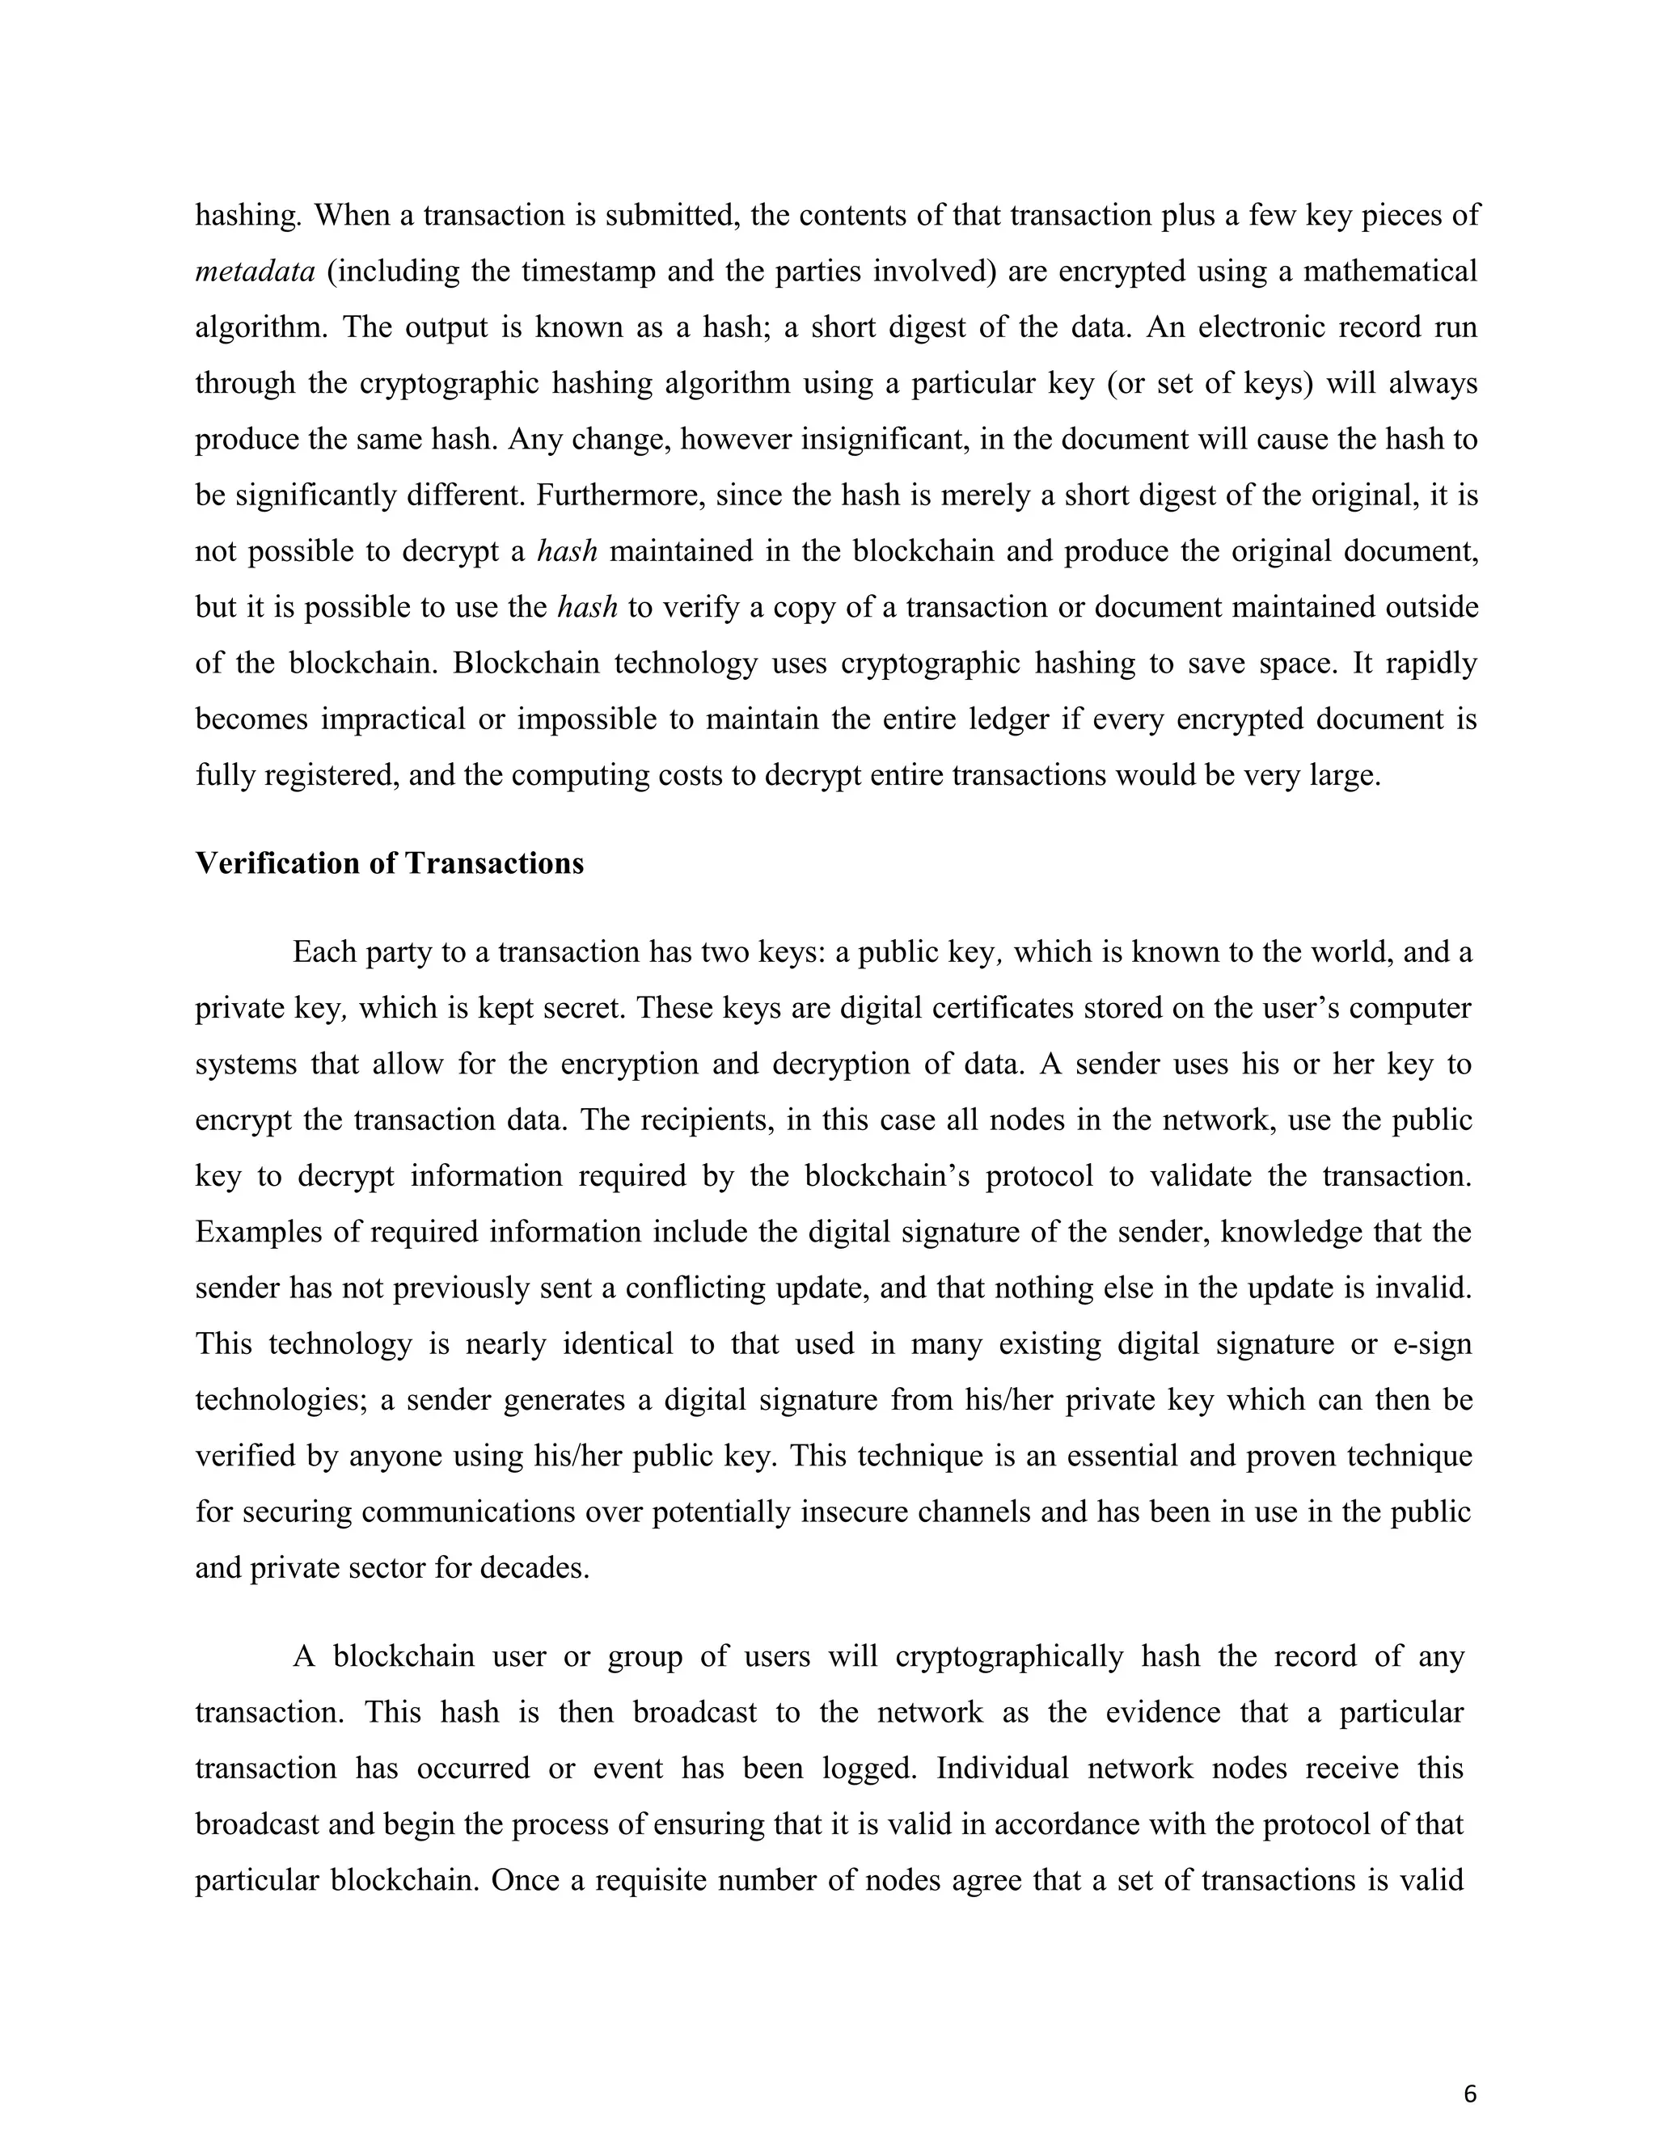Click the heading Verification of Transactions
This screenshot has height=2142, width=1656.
click(x=390, y=863)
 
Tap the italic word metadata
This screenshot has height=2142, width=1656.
click(x=255, y=272)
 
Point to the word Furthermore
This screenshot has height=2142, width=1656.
click(x=620, y=495)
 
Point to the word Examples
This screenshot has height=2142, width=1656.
click(x=258, y=1232)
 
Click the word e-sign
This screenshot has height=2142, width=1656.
click(x=1432, y=1343)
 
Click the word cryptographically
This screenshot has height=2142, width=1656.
click(x=1008, y=1656)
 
